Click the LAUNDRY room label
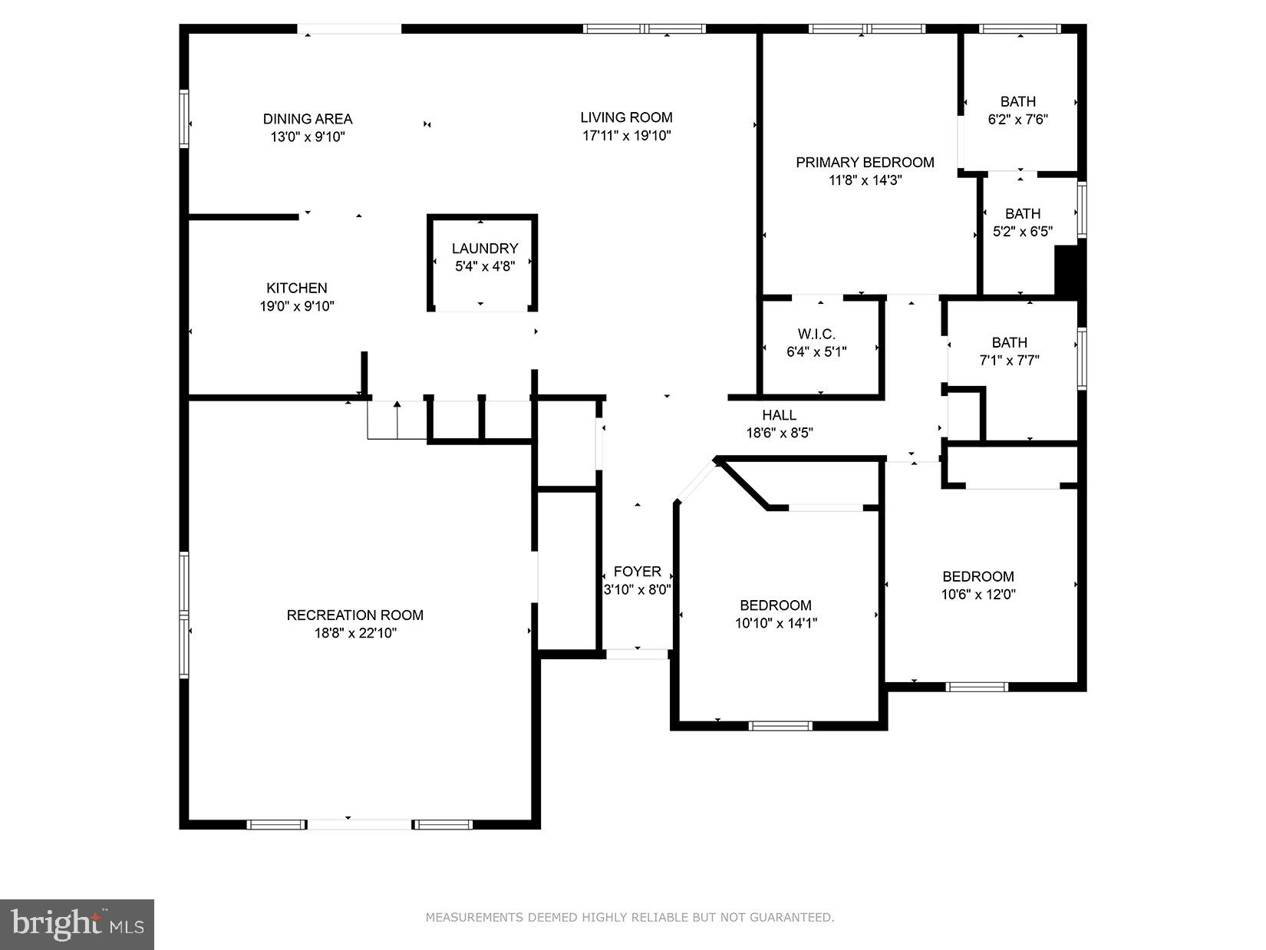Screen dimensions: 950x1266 click(x=484, y=248)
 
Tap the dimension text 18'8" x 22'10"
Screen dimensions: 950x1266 click(x=355, y=633)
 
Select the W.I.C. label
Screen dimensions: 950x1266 click(x=816, y=334)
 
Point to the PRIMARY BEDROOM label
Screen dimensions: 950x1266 click(x=865, y=162)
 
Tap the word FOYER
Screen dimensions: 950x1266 click(x=637, y=572)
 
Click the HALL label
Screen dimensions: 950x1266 click(x=779, y=415)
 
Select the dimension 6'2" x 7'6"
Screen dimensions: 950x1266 click(x=1017, y=120)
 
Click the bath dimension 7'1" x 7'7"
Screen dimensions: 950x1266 click(x=1009, y=360)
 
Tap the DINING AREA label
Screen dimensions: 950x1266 click(x=308, y=119)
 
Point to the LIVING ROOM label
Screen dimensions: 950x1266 click(x=626, y=117)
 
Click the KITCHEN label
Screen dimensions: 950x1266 click(x=297, y=288)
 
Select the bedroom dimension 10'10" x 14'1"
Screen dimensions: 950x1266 click(x=776, y=623)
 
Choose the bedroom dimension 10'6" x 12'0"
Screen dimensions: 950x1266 click(x=978, y=594)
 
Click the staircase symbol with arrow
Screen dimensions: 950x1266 click(x=397, y=419)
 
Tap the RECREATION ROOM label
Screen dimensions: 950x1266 click(x=355, y=615)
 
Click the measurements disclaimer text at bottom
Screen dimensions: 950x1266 click(x=630, y=917)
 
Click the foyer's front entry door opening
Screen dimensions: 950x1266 click(x=638, y=654)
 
